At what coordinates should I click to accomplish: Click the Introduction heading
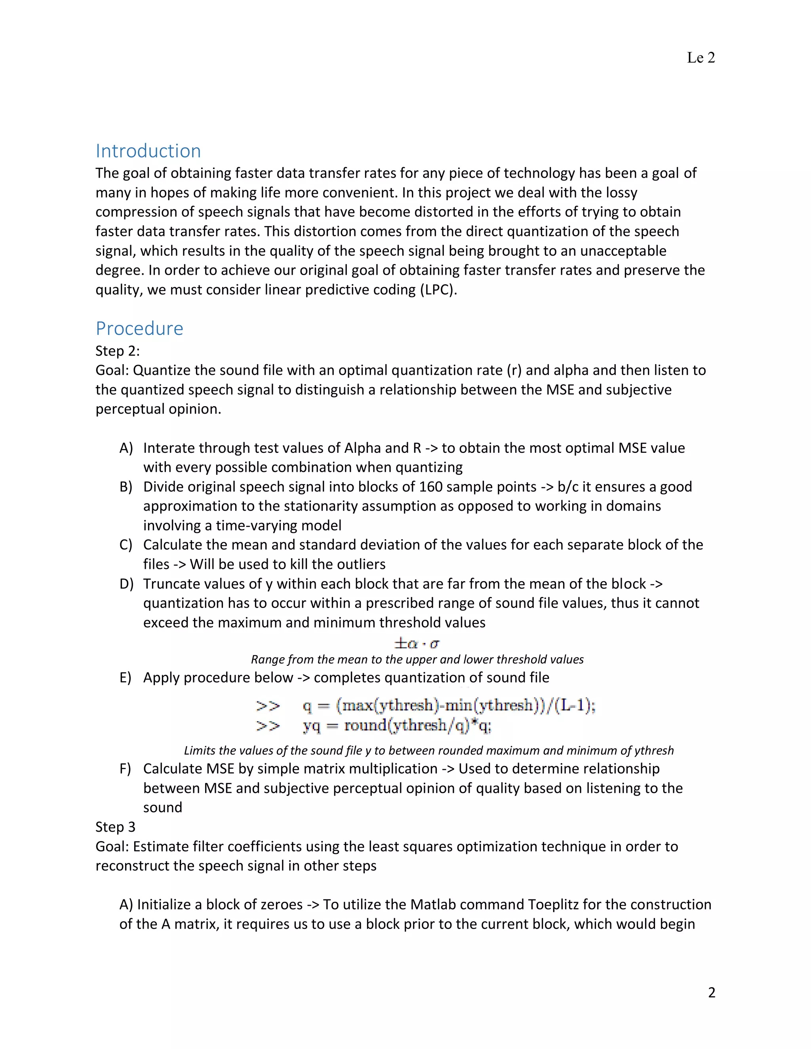click(148, 151)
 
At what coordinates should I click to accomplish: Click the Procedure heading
click(139, 329)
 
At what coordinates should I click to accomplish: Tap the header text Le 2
click(701, 58)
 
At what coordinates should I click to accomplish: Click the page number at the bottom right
click(712, 992)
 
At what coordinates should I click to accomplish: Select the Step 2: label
click(117, 351)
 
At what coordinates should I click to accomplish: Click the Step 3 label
click(115, 827)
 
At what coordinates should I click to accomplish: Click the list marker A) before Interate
click(126, 448)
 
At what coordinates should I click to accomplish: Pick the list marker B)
click(126, 487)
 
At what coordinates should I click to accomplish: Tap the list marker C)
click(126, 545)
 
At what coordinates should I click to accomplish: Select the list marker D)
click(126, 584)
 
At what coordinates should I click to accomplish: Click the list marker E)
click(126, 678)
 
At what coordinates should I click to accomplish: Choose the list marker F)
click(126, 769)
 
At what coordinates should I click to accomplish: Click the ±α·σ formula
click(417, 642)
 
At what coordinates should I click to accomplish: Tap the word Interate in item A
click(169, 448)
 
